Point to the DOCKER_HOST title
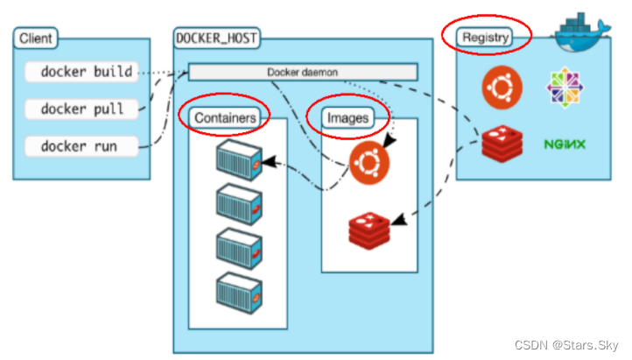coord(211,39)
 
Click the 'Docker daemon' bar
coord(303,71)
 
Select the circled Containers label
coord(225,117)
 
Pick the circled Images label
coord(348,116)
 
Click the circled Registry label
coord(486,38)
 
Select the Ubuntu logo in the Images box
coord(369,163)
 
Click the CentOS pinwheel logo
coord(565,88)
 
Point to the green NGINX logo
coord(565,143)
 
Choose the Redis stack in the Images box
coord(369,229)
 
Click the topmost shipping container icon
coord(237,161)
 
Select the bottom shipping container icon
coord(237,292)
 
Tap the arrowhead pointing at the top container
coord(266,162)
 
